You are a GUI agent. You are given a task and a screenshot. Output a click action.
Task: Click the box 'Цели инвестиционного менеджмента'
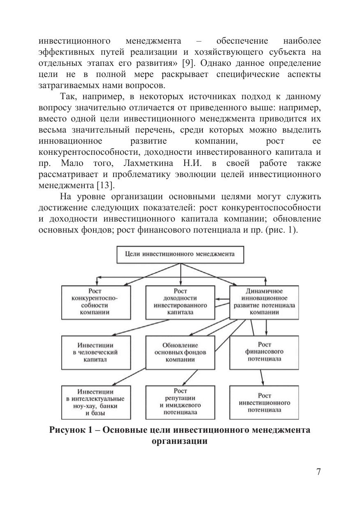[180, 254]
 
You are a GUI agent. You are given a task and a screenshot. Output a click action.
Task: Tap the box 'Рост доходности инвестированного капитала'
[180, 302]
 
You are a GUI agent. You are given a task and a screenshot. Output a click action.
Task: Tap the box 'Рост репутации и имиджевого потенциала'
[180, 401]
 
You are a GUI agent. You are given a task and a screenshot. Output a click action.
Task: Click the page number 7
[318, 472]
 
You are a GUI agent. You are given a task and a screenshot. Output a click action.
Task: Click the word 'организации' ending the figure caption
[179, 441]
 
